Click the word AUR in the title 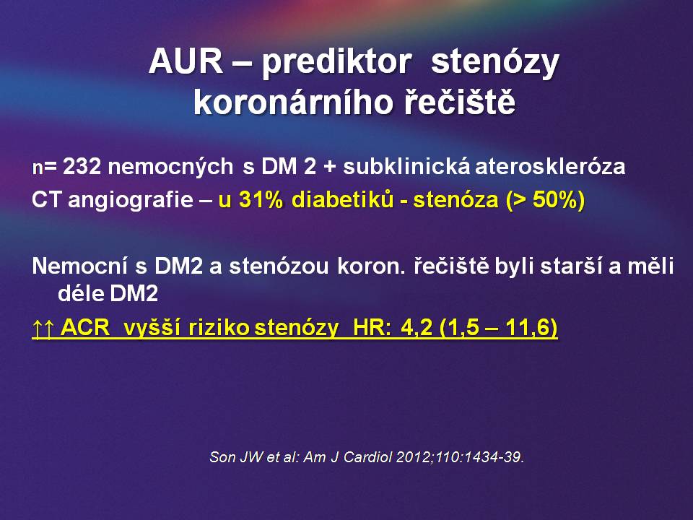[x=186, y=61]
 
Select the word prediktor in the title [x=337, y=62]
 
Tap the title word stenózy [x=495, y=62]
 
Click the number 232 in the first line [x=82, y=167]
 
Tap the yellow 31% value [x=261, y=200]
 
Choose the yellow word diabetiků [x=342, y=200]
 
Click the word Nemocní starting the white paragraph [x=80, y=266]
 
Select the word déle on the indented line [x=80, y=293]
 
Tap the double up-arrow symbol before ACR [x=43, y=328]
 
